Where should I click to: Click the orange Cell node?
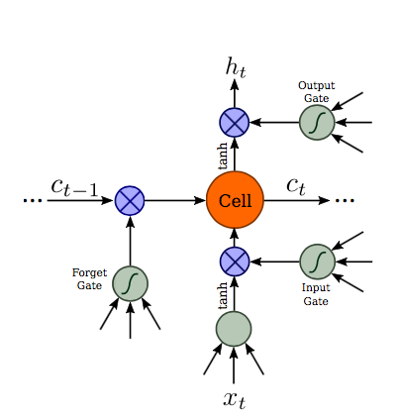(x=235, y=201)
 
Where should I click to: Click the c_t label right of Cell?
(x=295, y=185)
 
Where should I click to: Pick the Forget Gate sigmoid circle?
(x=130, y=283)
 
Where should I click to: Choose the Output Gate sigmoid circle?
(x=317, y=123)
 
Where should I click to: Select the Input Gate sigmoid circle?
(x=317, y=262)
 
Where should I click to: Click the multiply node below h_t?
(x=235, y=123)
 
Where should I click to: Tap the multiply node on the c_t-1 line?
(x=130, y=201)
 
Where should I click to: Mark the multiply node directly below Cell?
(x=235, y=262)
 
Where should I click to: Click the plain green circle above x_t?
(x=234, y=328)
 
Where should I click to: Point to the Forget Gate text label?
(x=89, y=279)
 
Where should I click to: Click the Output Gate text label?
(x=315, y=92)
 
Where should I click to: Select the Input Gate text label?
(x=316, y=294)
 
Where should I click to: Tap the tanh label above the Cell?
(x=223, y=156)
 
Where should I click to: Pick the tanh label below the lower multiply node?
(x=223, y=293)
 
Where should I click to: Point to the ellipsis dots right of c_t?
(x=344, y=201)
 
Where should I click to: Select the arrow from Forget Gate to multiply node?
(x=130, y=241)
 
